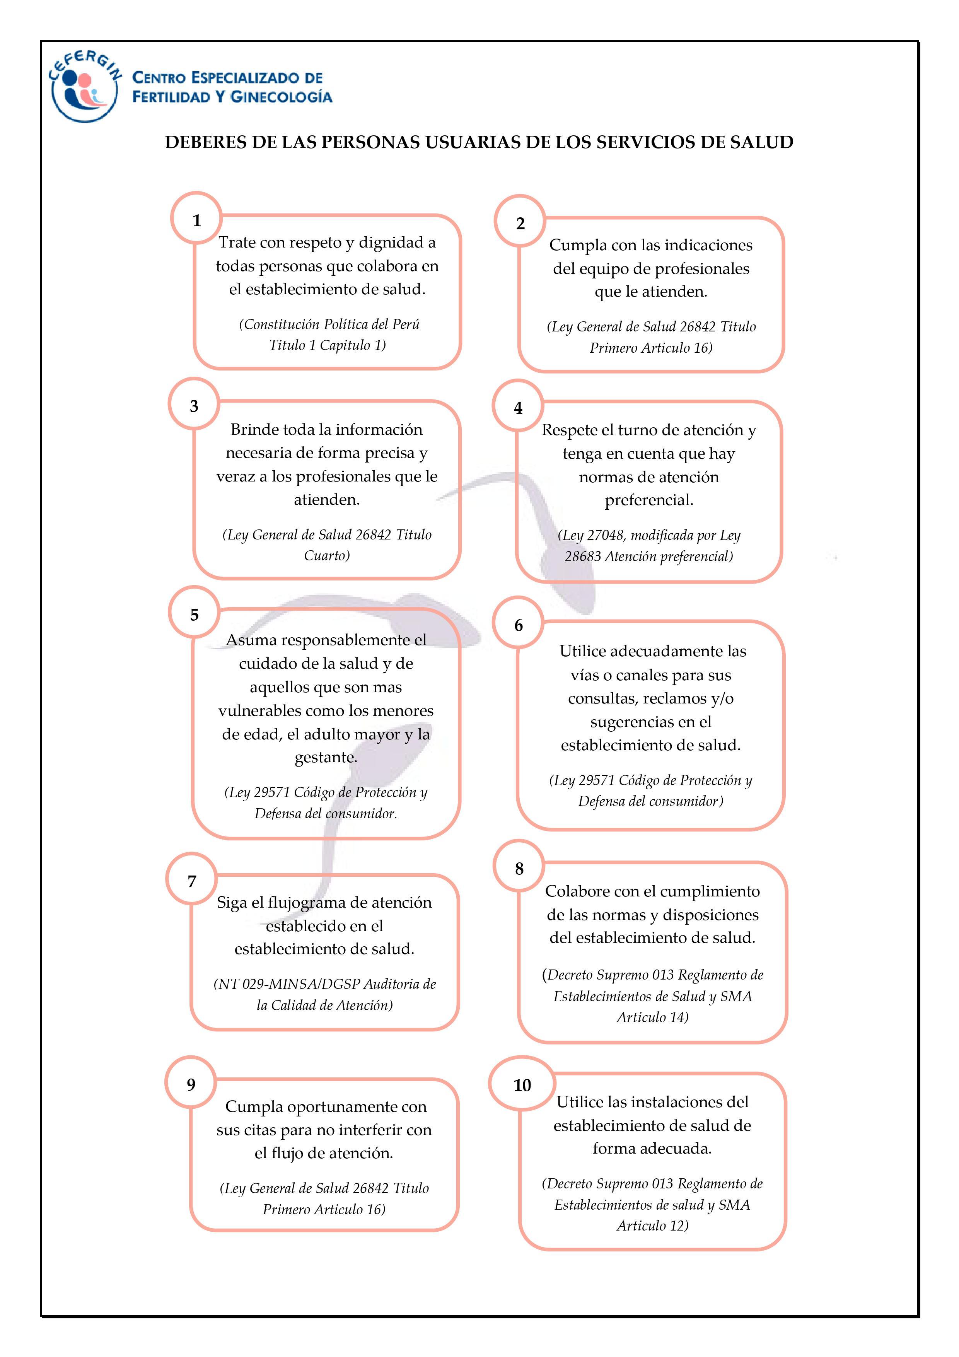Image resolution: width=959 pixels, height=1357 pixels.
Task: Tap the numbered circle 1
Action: pyautogui.click(x=197, y=220)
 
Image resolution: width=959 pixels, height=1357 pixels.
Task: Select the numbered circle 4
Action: pyautogui.click(x=518, y=408)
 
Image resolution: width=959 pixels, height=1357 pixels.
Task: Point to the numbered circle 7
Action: pyautogui.click(x=191, y=881)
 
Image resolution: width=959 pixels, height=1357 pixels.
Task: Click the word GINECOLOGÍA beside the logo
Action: pyautogui.click(x=281, y=97)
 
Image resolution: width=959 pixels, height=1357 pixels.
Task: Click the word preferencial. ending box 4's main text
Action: pyautogui.click(x=649, y=500)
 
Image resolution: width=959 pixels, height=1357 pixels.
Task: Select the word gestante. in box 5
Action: pyautogui.click(x=326, y=757)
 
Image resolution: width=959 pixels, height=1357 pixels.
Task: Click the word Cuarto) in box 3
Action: pyautogui.click(x=327, y=556)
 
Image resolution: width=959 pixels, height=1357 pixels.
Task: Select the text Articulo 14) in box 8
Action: pyautogui.click(x=652, y=1017)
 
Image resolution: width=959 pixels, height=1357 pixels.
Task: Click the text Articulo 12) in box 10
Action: pyautogui.click(x=652, y=1226)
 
